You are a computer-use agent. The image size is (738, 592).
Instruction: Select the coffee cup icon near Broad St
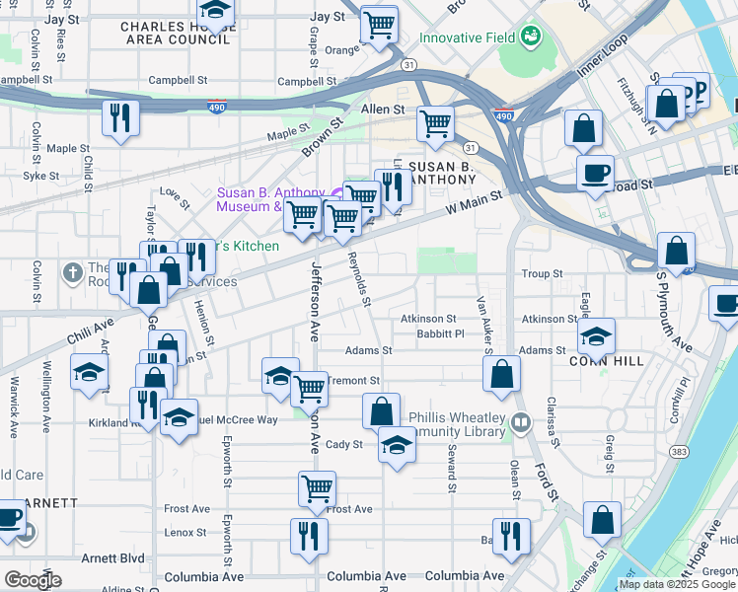tap(595, 174)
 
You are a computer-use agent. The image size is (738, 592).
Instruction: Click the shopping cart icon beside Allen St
tap(435, 124)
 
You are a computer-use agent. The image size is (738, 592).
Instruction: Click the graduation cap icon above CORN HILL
tap(596, 336)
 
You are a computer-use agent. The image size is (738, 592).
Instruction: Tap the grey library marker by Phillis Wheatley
tap(521, 423)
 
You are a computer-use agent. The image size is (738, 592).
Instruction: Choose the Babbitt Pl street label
tap(440, 333)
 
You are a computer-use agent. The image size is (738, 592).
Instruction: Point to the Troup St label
tap(542, 273)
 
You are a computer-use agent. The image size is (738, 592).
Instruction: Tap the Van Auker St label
tap(483, 321)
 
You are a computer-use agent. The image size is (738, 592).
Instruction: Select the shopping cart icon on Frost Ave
tap(317, 487)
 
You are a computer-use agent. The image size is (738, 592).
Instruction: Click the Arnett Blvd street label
tap(112, 557)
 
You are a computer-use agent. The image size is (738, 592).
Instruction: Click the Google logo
tap(33, 580)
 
